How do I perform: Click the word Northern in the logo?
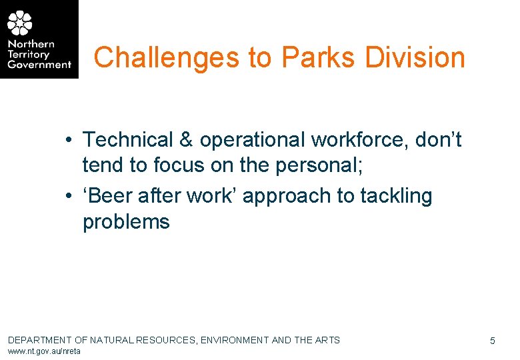[31, 45]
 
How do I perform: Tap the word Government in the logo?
[39, 65]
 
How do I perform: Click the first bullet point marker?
[69, 141]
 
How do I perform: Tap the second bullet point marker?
[69, 197]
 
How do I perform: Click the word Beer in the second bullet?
[110, 196]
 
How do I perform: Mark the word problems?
[126, 221]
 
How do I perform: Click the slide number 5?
[492, 341]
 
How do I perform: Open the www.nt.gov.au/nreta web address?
[44, 351]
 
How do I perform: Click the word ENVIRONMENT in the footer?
[235, 340]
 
